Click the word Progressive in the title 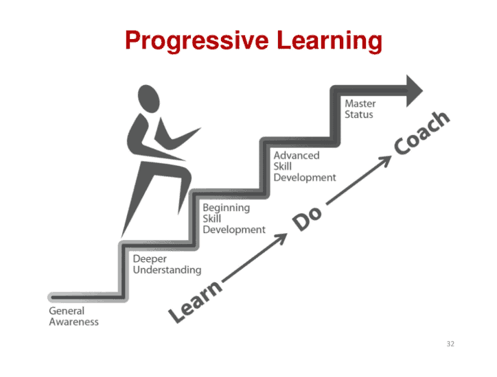coord(197,40)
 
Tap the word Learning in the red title coord(330,40)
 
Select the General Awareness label coord(73,316)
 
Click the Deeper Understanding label coord(167,265)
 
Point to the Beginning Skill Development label coord(234,219)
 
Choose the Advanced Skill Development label coord(305,166)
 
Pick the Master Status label coord(360,109)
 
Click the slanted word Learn coord(195,301)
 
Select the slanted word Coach coord(422,133)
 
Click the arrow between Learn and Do coord(255,257)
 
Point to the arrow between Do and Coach coord(358,180)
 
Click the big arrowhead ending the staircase coord(414,91)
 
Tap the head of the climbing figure coord(148,99)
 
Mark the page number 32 coord(450,344)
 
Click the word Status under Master coord(359,114)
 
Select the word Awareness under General coord(73,322)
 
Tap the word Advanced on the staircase coord(297,156)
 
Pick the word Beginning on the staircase coord(227,208)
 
